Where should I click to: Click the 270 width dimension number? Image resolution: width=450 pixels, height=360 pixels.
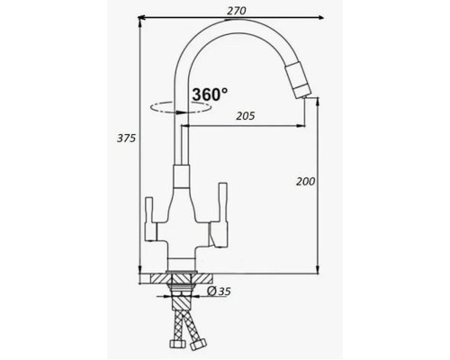coord(236,11)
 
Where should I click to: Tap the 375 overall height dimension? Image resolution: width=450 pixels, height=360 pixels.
coord(126,139)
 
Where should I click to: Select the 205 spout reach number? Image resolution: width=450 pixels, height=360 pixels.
coord(246,116)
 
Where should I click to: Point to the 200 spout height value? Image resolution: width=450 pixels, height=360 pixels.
coord(306,181)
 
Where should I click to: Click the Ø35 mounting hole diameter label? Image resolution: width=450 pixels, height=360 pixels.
coord(219,291)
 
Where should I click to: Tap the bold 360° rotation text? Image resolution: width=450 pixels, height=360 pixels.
coord(210,94)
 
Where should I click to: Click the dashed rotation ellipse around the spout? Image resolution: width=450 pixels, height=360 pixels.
coord(180,107)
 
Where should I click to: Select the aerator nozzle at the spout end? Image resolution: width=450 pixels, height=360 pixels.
coord(299,78)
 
